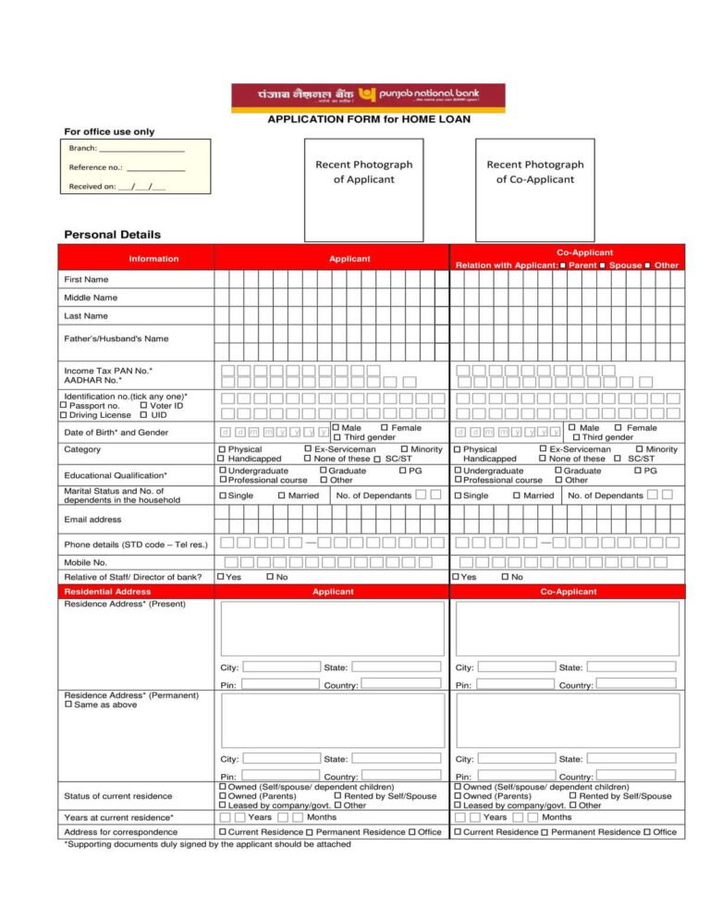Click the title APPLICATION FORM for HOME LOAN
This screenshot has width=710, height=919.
click(x=368, y=119)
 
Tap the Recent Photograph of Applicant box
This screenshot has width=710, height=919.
click(x=364, y=190)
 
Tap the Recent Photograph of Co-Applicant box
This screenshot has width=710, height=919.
click(x=535, y=190)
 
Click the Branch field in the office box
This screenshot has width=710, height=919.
click(x=141, y=149)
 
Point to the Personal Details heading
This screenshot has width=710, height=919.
click(x=112, y=235)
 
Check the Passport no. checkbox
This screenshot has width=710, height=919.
click(x=63, y=406)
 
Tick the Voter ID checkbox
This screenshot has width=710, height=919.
click(x=143, y=406)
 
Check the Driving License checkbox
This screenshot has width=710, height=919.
click(x=63, y=416)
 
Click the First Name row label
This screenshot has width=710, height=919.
click(x=86, y=279)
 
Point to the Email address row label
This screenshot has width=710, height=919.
click(x=92, y=520)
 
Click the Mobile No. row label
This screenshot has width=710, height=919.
click(x=85, y=562)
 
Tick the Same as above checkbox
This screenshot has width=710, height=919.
click(x=68, y=705)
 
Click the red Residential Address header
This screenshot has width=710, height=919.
click(x=107, y=592)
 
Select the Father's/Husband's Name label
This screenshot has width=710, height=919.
click(x=116, y=338)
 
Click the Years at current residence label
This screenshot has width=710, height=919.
click(x=118, y=817)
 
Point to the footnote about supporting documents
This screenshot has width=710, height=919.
click(x=207, y=843)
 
